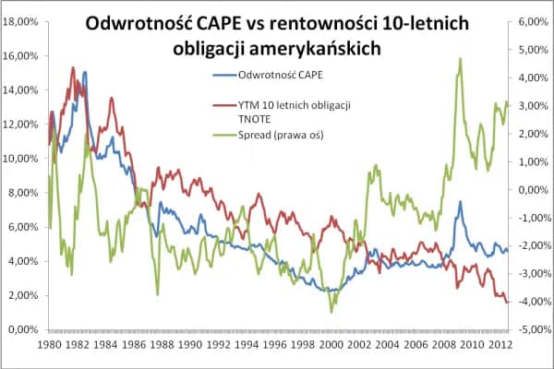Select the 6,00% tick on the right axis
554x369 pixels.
tap(529, 21)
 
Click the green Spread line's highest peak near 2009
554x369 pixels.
tap(460, 59)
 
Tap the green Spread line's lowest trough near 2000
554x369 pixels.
tap(332, 312)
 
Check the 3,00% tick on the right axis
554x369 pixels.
tap(529, 105)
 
